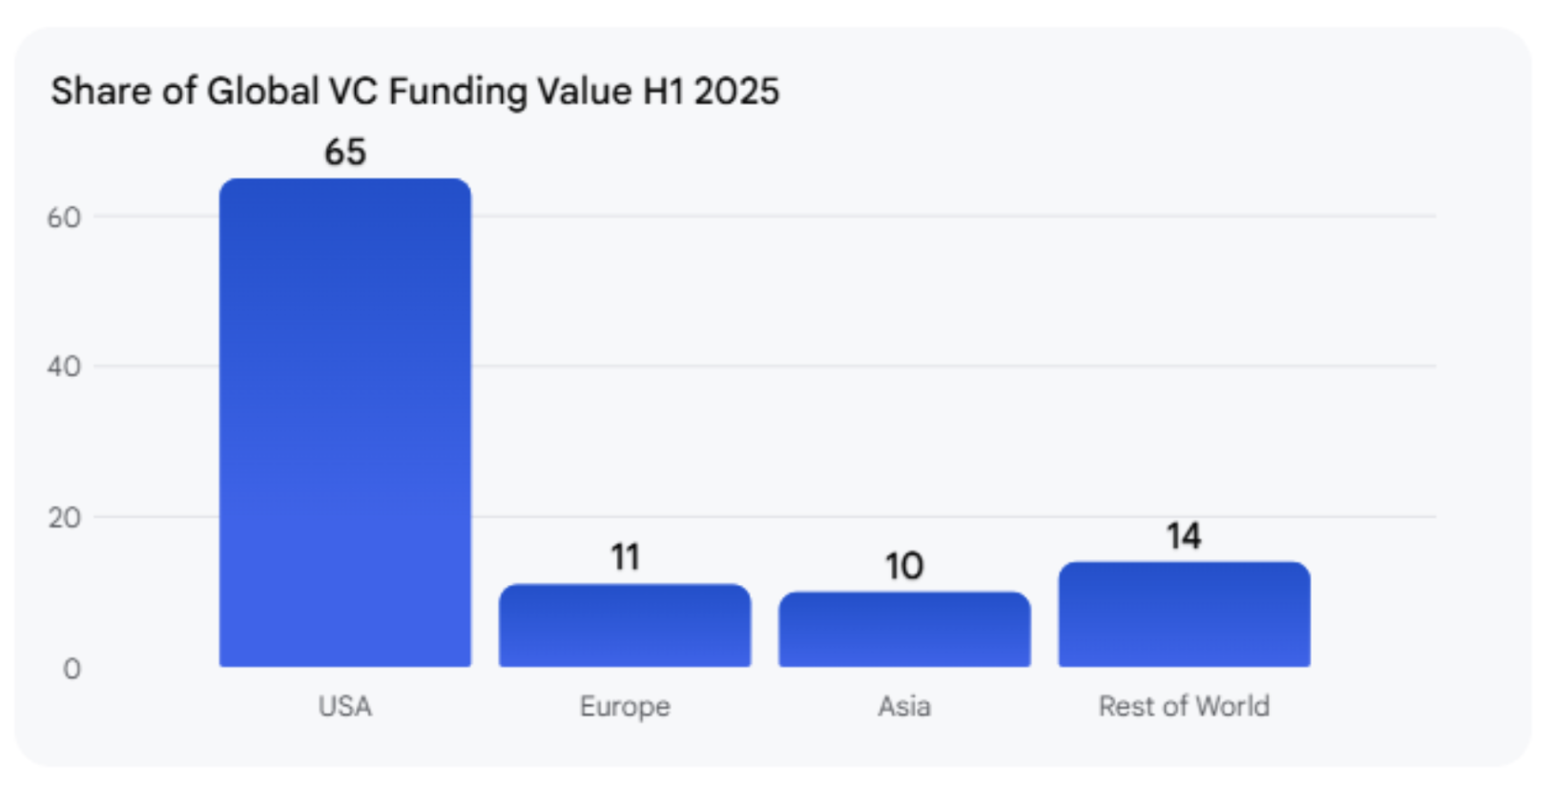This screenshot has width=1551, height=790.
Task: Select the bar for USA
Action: (x=344, y=422)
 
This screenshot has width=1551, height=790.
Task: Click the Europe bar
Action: (x=625, y=625)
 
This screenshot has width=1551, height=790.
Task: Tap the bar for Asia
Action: (x=904, y=629)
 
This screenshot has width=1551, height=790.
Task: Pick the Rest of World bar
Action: (x=1184, y=613)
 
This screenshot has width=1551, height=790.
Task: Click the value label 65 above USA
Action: (x=344, y=152)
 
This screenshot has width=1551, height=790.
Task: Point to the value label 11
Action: (x=625, y=557)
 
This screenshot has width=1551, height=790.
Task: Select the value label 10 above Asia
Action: (x=904, y=567)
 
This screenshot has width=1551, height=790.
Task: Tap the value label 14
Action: (x=1184, y=536)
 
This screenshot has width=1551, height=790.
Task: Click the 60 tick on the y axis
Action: (x=64, y=218)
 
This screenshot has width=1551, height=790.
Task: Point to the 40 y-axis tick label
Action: (x=64, y=366)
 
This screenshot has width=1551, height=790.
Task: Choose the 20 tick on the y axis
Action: (x=64, y=518)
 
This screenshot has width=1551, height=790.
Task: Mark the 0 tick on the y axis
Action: (x=72, y=669)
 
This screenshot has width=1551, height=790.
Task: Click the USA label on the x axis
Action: (x=344, y=706)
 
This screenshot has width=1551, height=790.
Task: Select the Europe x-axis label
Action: (x=625, y=706)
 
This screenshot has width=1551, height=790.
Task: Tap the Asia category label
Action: (x=904, y=706)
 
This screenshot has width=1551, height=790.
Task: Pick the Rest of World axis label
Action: (x=1184, y=706)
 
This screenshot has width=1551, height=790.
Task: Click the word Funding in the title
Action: (x=458, y=93)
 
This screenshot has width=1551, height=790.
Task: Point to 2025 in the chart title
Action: (x=736, y=92)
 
